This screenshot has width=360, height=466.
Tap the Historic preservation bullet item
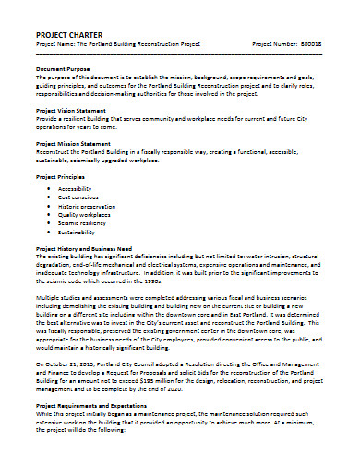(85, 208)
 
